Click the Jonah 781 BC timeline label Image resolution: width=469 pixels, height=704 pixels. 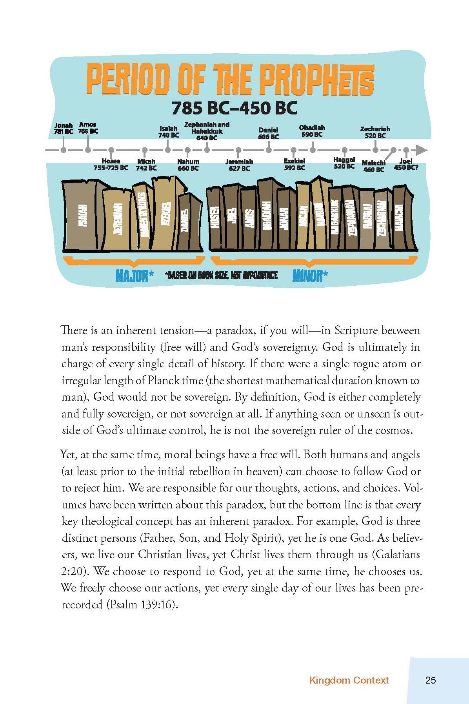pyautogui.click(x=64, y=129)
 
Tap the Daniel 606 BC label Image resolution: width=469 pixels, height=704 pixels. pyautogui.click(x=269, y=133)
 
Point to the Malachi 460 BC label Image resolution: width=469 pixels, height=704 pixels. pyautogui.click(x=374, y=166)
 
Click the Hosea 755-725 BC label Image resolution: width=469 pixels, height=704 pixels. pyautogui.click(x=111, y=164)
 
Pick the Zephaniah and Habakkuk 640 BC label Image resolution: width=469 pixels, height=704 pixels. pyautogui.click(x=207, y=131)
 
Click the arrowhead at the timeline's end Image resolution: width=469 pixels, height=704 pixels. pyautogui.click(x=422, y=150)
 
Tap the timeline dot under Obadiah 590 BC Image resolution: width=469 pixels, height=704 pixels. pyautogui.click(x=313, y=149)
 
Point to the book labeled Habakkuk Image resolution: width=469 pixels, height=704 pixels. pyautogui.click(x=335, y=218)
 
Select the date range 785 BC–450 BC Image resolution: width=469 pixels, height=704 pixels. pyautogui.click(x=234, y=108)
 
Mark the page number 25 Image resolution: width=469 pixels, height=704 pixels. pyautogui.click(x=431, y=680)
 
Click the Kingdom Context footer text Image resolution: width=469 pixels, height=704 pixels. pyautogui.click(x=349, y=680)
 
